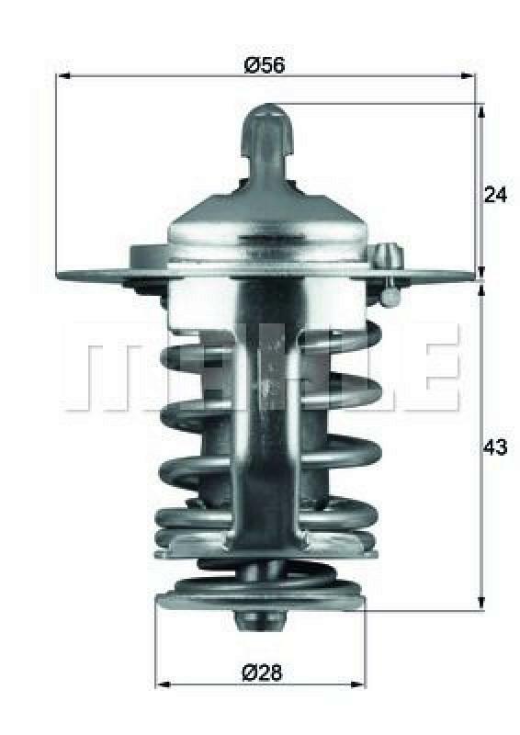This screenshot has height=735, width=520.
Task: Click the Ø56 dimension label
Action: pyautogui.click(x=265, y=64)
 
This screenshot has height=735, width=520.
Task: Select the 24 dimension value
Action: pyautogui.click(x=495, y=195)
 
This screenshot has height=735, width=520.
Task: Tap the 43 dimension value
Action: pyautogui.click(x=495, y=447)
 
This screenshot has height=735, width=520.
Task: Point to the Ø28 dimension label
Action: pyautogui.click(x=263, y=672)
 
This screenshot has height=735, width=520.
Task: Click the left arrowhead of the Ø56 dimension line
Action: pyautogui.click(x=63, y=76)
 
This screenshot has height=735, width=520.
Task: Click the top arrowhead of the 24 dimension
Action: pyautogui.click(x=480, y=110)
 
